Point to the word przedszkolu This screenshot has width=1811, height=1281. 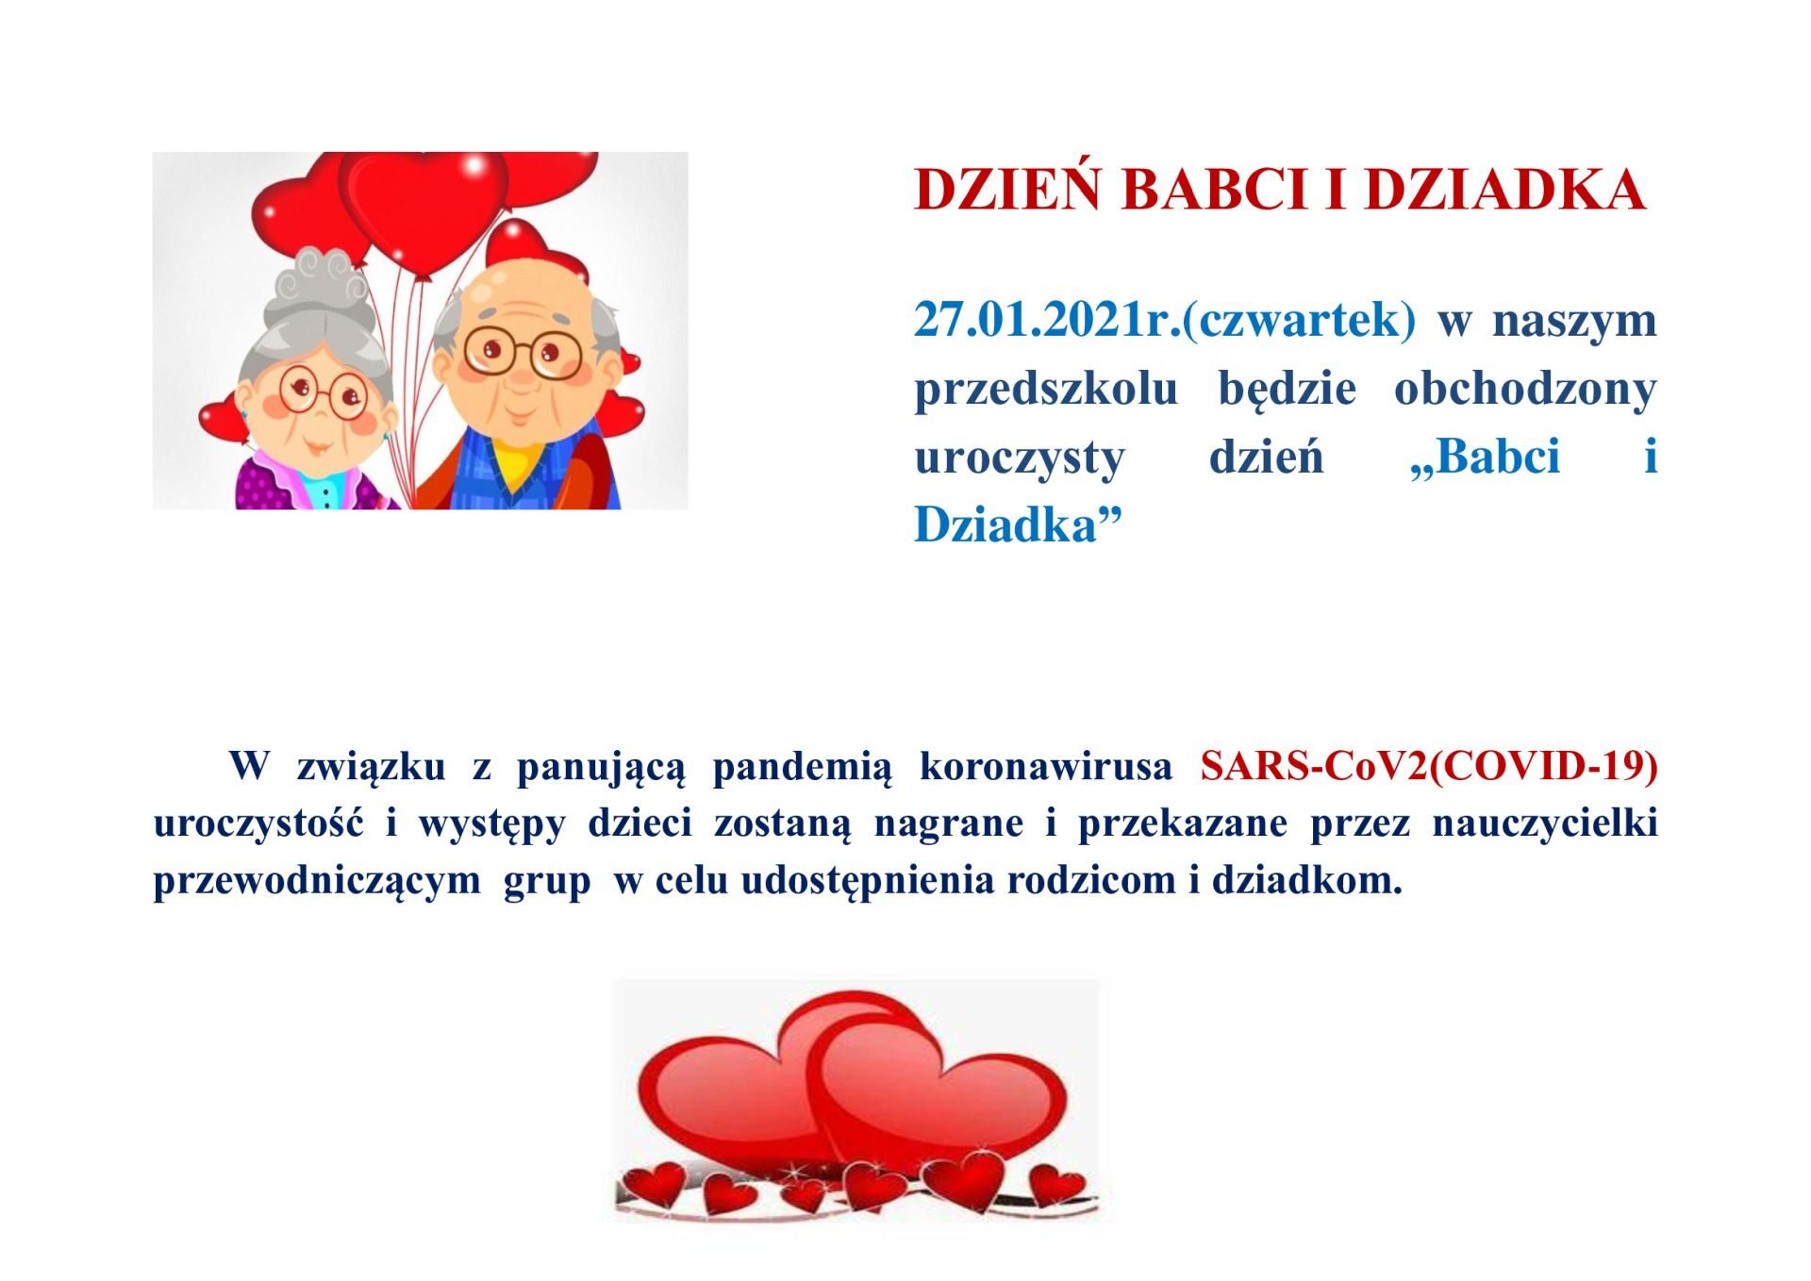[1046, 390]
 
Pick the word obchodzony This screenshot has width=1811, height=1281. [1525, 390]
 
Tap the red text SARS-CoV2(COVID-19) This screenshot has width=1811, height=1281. [1429, 767]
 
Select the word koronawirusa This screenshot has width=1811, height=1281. [1046, 767]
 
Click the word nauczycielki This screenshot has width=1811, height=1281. [1545, 823]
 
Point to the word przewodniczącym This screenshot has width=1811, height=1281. [317, 882]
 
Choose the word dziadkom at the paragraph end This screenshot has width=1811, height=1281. [1306, 880]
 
